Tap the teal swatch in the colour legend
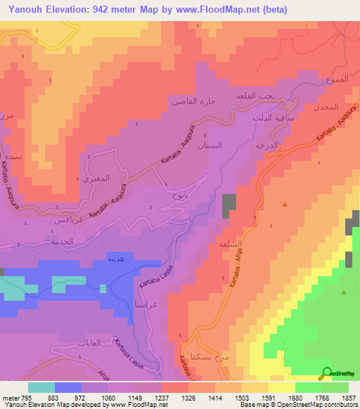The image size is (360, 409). [41, 387]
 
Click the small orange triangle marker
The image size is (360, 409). [285, 204]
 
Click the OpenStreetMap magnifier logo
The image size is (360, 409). [326, 372]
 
